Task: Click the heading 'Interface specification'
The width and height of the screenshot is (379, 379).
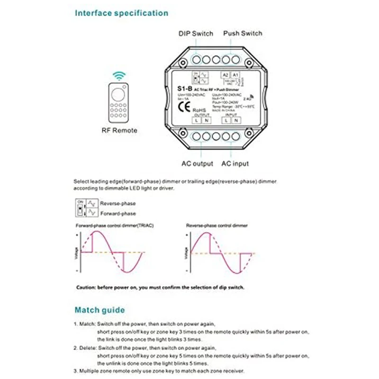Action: coord(121,13)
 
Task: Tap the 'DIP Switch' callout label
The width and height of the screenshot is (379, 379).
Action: coord(196,34)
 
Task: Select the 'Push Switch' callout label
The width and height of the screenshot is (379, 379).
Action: coord(242,34)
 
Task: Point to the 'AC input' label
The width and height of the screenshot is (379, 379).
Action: coord(235,164)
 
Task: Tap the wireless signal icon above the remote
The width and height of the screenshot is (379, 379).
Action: coord(119,76)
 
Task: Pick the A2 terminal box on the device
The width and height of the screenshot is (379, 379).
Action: coord(226,75)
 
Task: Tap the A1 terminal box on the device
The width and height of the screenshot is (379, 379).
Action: coord(235,75)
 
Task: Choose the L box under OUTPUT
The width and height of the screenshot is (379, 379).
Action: coord(196,121)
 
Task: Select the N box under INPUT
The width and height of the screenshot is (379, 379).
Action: coord(236,121)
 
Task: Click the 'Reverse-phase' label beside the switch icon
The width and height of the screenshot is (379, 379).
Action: coord(118,203)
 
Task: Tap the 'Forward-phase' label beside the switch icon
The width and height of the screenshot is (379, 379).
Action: coord(118,214)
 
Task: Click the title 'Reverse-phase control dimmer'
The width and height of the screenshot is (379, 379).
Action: coord(217,226)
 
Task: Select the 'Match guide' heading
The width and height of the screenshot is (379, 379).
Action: coord(100,310)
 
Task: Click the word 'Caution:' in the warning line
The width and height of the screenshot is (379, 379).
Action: coord(87,288)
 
